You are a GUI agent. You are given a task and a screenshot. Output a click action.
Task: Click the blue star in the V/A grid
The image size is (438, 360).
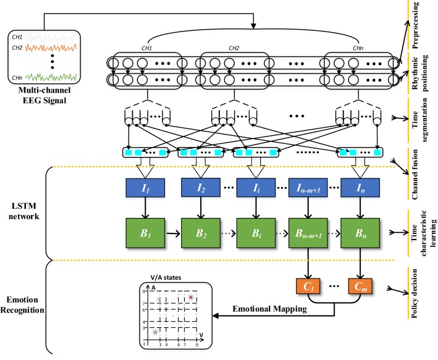tap(156, 332)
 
